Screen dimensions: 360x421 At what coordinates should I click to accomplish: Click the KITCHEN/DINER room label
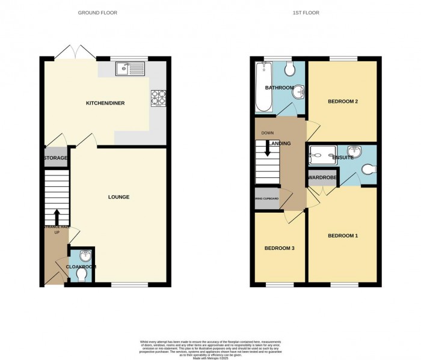[x=105, y=103]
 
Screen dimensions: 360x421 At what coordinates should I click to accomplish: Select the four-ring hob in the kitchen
[x=158, y=97]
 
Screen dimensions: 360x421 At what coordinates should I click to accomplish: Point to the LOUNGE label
[x=118, y=197]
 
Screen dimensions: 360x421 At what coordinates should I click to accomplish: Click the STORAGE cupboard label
[x=55, y=158]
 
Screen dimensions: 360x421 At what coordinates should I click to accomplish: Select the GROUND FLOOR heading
[x=98, y=12]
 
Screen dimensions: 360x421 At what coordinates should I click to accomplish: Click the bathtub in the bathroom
[x=263, y=87]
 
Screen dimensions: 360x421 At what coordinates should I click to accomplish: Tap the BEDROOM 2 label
[x=343, y=102]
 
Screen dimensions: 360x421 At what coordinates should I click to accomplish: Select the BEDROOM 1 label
[x=343, y=236]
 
